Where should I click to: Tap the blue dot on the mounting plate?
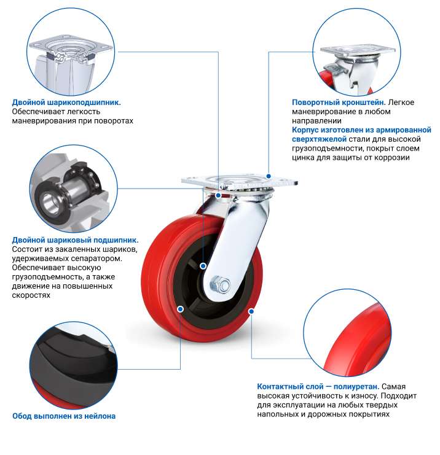click(x=269, y=176)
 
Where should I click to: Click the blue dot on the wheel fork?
click(x=218, y=196)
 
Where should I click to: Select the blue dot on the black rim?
click(x=180, y=309)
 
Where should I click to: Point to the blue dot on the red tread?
click(x=251, y=311)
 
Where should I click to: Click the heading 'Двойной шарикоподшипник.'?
click(x=66, y=103)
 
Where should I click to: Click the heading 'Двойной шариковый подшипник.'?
click(x=75, y=240)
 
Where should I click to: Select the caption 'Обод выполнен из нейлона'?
click(x=64, y=416)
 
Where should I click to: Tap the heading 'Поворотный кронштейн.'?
click(x=339, y=103)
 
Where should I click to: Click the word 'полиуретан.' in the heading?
click(x=356, y=386)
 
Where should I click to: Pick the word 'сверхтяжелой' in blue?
click(x=319, y=139)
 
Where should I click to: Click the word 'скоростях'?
click(x=31, y=295)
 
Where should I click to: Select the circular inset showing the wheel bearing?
click(x=74, y=189)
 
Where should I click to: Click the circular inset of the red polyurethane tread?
click(x=347, y=333)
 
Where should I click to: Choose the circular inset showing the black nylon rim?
click(x=74, y=365)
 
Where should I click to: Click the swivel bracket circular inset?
click(x=357, y=52)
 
